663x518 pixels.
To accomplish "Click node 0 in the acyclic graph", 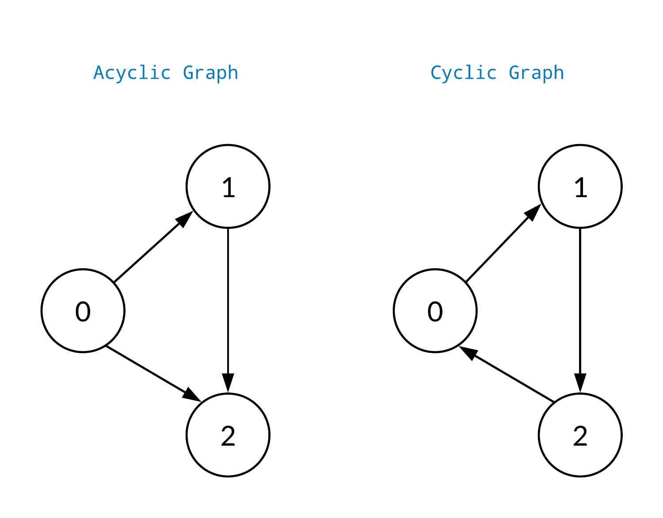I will pyautogui.click(x=83, y=311).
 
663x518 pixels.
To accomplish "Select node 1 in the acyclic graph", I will pyautogui.click(x=228, y=187).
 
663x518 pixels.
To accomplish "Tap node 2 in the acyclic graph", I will pyautogui.click(x=228, y=435).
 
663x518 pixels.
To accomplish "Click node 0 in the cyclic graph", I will pyautogui.click(x=435, y=311).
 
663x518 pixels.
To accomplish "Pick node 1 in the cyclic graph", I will pyautogui.click(x=580, y=187).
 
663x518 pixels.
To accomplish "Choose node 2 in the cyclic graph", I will pyautogui.click(x=580, y=435).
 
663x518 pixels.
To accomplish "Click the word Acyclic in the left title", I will pyautogui.click(x=132, y=73).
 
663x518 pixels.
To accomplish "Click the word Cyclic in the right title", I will pyautogui.click(x=463, y=73).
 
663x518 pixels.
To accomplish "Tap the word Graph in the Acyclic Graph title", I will pyautogui.click(x=210, y=73).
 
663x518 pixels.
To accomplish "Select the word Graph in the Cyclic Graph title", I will pyautogui.click(x=536, y=73).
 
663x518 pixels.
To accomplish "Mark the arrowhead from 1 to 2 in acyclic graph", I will pyautogui.click(x=228, y=383).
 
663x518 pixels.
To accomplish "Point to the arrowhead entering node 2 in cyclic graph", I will pyautogui.click(x=580, y=383).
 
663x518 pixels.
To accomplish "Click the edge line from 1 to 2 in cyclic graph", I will pyautogui.click(x=580, y=301).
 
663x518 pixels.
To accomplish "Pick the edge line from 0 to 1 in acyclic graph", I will pyautogui.click(x=146, y=254).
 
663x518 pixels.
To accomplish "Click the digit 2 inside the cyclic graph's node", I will pyautogui.click(x=580, y=436).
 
